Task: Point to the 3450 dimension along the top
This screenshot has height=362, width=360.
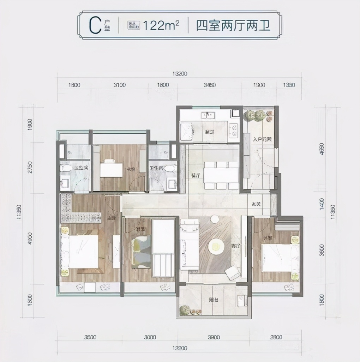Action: [x=210, y=85]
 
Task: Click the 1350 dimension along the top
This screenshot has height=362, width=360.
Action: [x=289, y=85]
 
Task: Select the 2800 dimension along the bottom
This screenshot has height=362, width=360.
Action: [x=276, y=337]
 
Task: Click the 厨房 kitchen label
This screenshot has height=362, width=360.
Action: [x=210, y=132]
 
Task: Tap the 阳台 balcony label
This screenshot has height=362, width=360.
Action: [x=213, y=300]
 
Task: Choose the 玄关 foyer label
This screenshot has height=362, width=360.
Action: [x=257, y=204]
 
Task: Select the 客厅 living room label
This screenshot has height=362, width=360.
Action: [x=236, y=246]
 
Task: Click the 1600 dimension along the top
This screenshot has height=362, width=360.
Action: [x=163, y=85]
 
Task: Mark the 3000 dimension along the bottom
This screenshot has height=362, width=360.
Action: [x=150, y=337]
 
